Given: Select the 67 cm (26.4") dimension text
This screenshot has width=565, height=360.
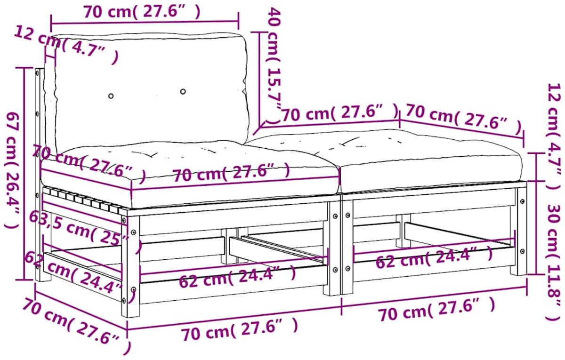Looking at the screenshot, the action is (x=12, y=171).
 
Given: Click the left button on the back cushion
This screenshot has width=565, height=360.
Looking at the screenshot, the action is (x=111, y=96).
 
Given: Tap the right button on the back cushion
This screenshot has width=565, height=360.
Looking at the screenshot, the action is (x=183, y=91).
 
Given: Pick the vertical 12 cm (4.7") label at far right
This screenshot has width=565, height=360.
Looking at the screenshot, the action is (x=555, y=136).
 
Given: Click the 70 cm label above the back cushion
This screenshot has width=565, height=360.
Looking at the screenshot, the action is (x=142, y=12).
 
